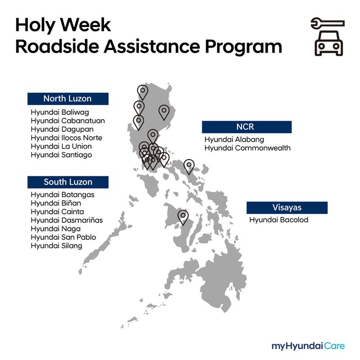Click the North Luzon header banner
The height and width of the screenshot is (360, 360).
[67, 99]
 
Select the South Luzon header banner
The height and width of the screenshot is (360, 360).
[67, 182]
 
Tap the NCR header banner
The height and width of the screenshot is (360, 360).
[246, 127]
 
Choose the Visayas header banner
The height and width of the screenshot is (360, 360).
[287, 207]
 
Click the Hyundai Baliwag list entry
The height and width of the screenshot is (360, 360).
[60, 112]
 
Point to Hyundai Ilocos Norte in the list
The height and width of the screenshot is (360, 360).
[67, 138]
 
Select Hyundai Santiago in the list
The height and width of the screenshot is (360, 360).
[61, 155]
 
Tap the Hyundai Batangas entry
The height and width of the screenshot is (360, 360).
[63, 194]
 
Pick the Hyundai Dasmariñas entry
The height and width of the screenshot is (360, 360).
[67, 220]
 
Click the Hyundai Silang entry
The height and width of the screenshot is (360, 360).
[57, 246]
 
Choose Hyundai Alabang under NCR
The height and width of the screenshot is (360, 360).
[234, 139]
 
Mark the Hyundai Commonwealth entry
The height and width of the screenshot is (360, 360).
[247, 148]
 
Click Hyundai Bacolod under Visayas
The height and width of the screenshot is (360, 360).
[279, 220]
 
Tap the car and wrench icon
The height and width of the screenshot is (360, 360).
[327, 37]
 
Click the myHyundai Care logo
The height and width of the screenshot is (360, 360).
[308, 346]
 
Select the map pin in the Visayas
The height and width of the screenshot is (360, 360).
[183, 217]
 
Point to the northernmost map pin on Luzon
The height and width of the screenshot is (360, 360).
[143, 92]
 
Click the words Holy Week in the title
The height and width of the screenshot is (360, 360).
[63, 25]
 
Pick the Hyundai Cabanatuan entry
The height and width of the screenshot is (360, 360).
[67, 121]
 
